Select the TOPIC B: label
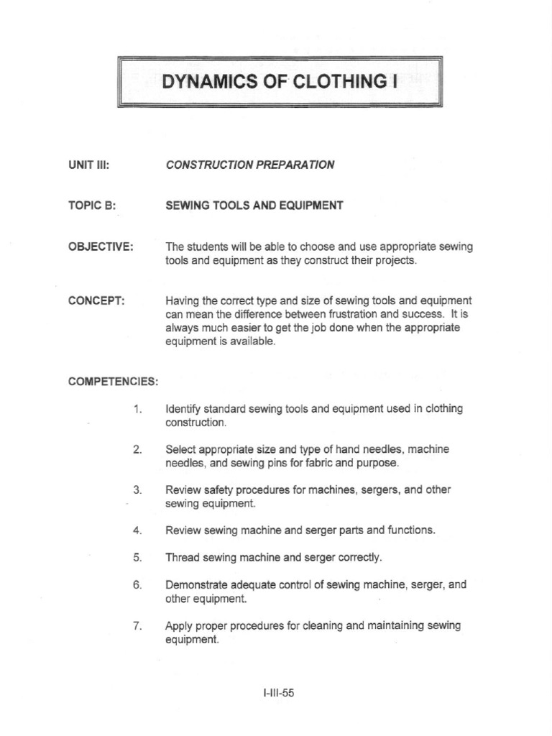point(92,206)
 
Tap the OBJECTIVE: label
point(101,247)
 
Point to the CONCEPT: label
point(97,300)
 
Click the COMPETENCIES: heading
point(113,380)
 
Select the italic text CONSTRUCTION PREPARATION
point(249,165)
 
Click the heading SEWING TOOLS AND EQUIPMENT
point(254,206)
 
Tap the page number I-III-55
point(280,694)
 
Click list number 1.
point(138,408)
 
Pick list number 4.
point(138,530)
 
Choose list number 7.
point(138,625)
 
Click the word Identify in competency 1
point(184,408)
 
